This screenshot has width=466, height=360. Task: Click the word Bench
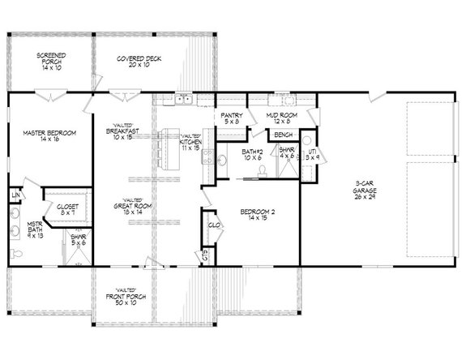pos(284,134)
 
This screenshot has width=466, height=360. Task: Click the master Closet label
pos(67,207)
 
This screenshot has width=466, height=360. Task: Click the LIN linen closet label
pos(15,196)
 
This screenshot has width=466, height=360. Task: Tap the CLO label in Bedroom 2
pos(214,225)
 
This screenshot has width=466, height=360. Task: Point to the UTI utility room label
pos(312,152)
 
